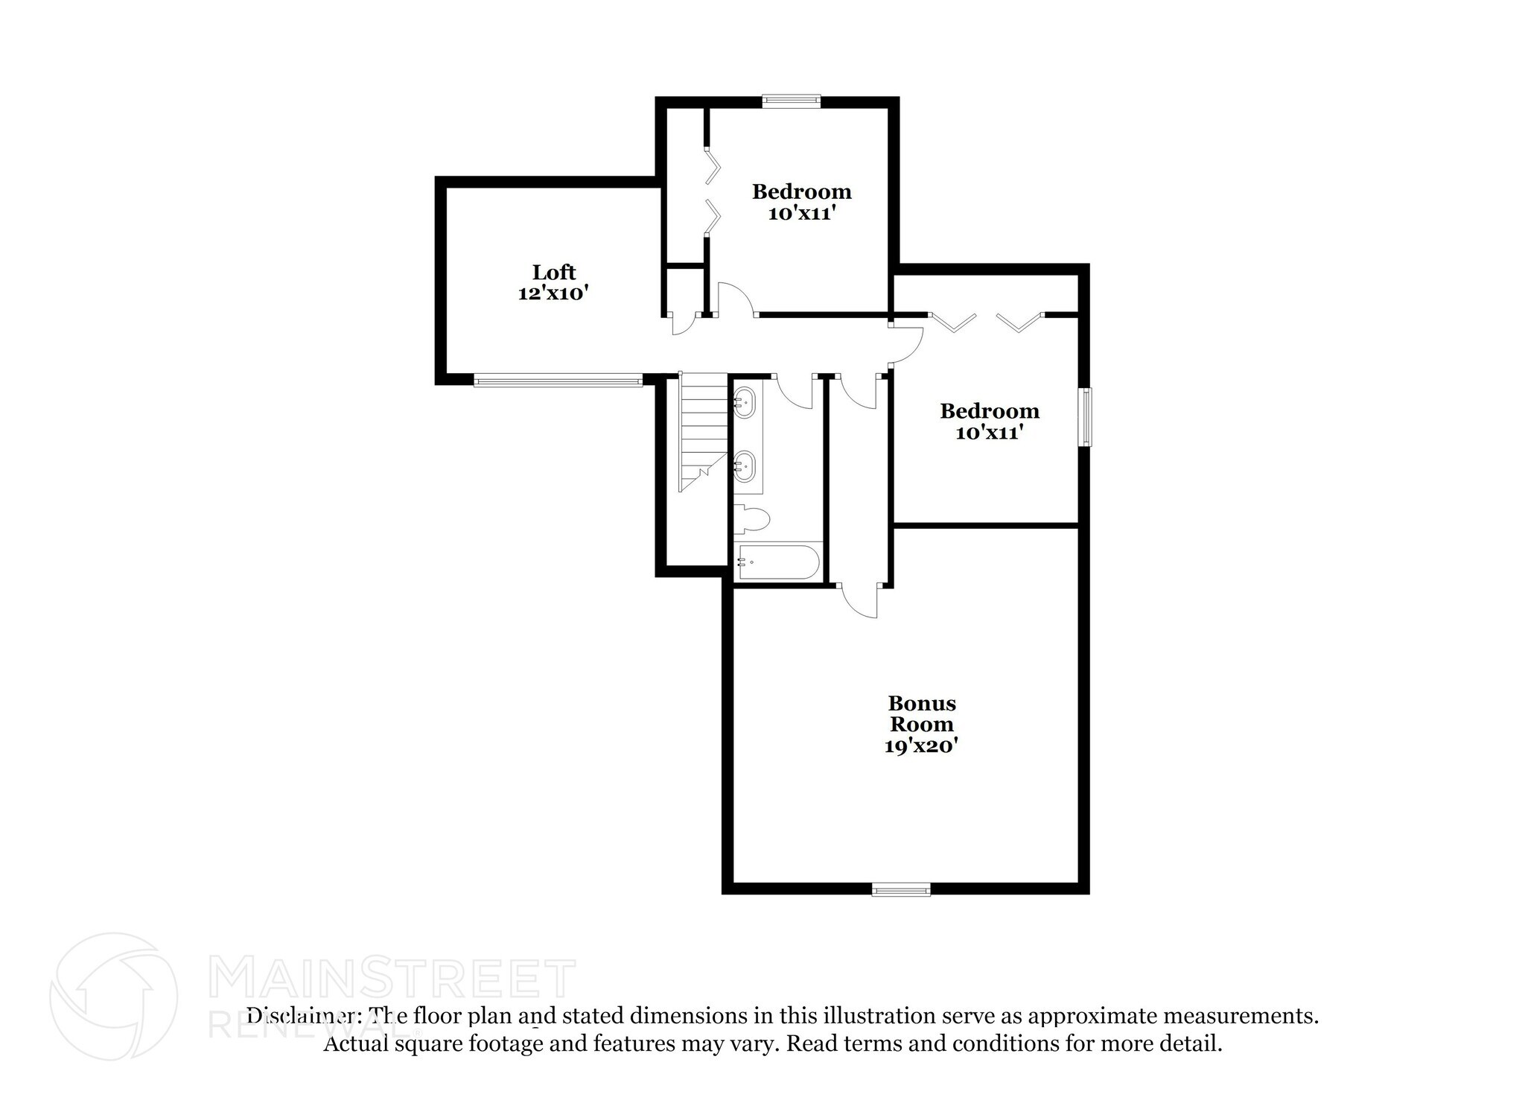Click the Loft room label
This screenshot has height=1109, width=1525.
(553, 272)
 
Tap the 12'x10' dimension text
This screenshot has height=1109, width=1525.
(553, 293)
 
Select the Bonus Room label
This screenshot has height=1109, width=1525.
(922, 714)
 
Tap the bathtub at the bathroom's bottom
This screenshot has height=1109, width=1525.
(777, 563)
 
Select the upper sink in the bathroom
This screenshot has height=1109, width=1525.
(744, 404)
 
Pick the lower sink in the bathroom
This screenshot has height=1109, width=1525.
(744, 467)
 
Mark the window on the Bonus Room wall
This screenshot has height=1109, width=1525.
(901, 889)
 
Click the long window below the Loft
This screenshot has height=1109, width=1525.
(558, 381)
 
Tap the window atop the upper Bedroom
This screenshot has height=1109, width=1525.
(791, 101)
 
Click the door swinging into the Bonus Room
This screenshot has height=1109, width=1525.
(861, 600)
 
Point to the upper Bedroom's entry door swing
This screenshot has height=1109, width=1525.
(736, 299)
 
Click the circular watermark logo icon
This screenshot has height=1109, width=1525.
(114, 996)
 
